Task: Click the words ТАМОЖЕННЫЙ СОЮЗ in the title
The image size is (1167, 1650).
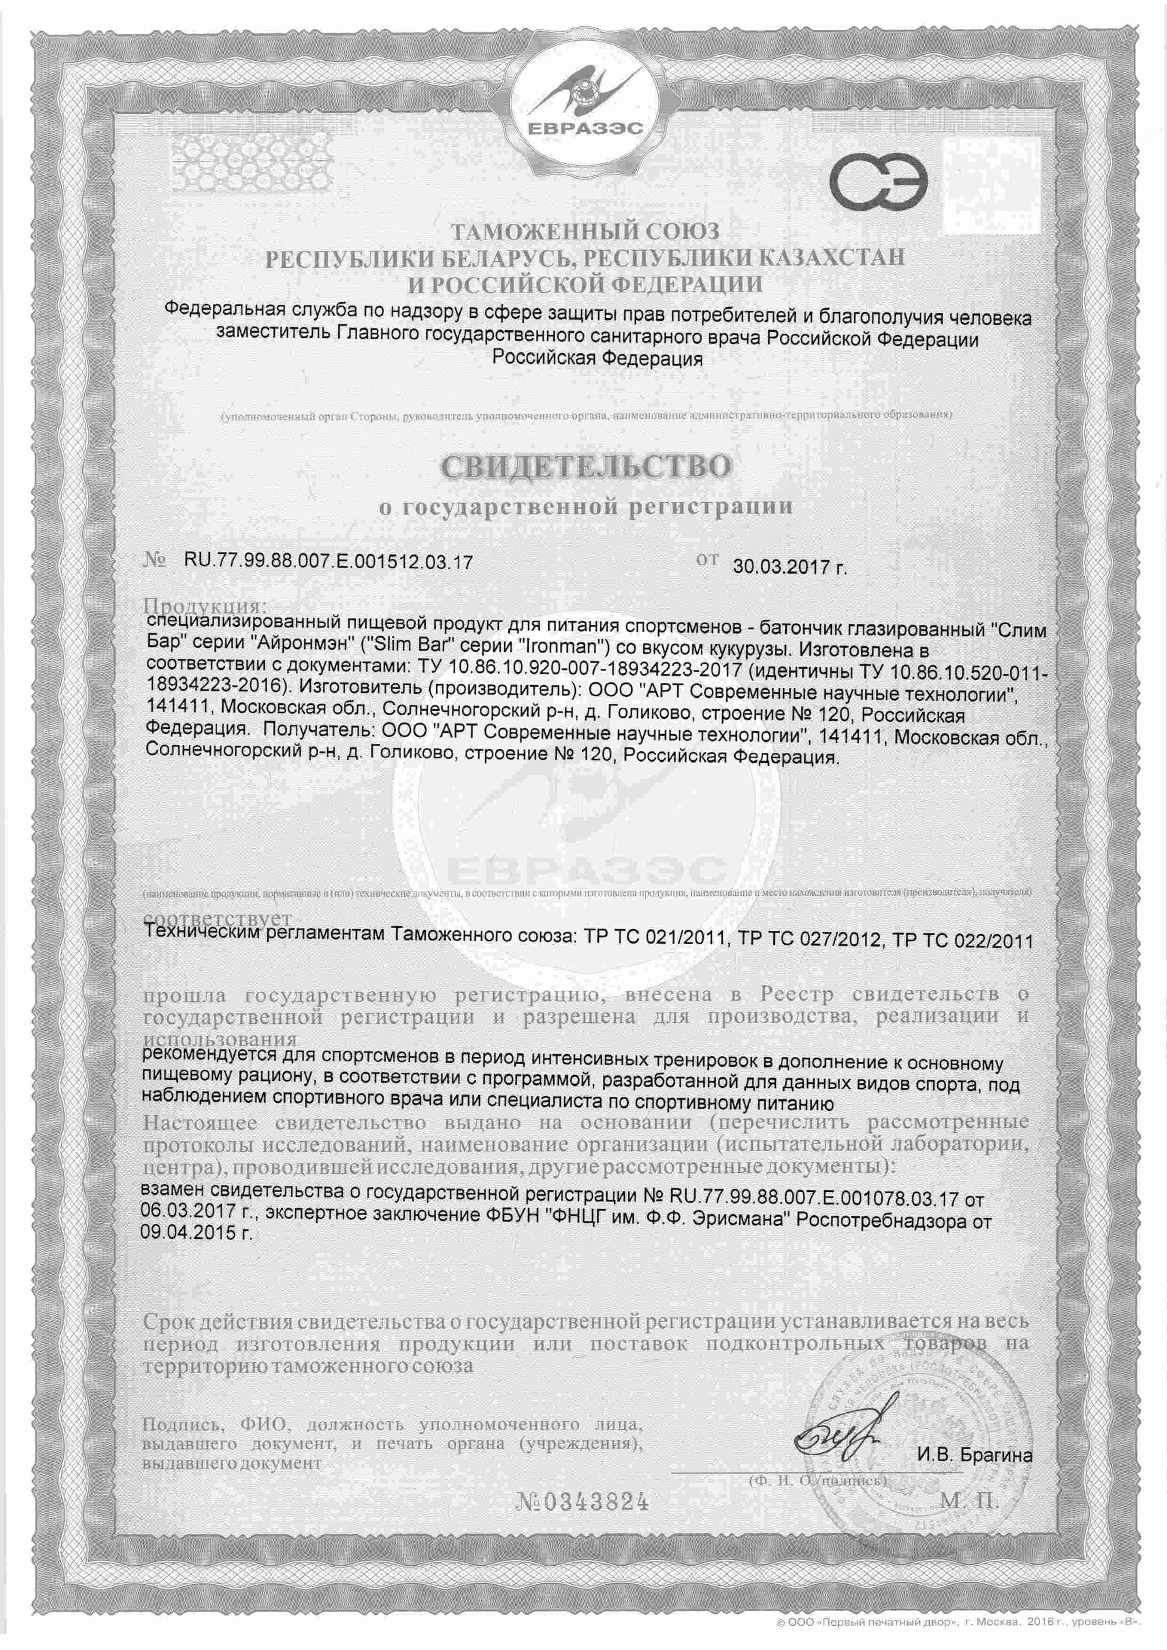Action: pos(584,231)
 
